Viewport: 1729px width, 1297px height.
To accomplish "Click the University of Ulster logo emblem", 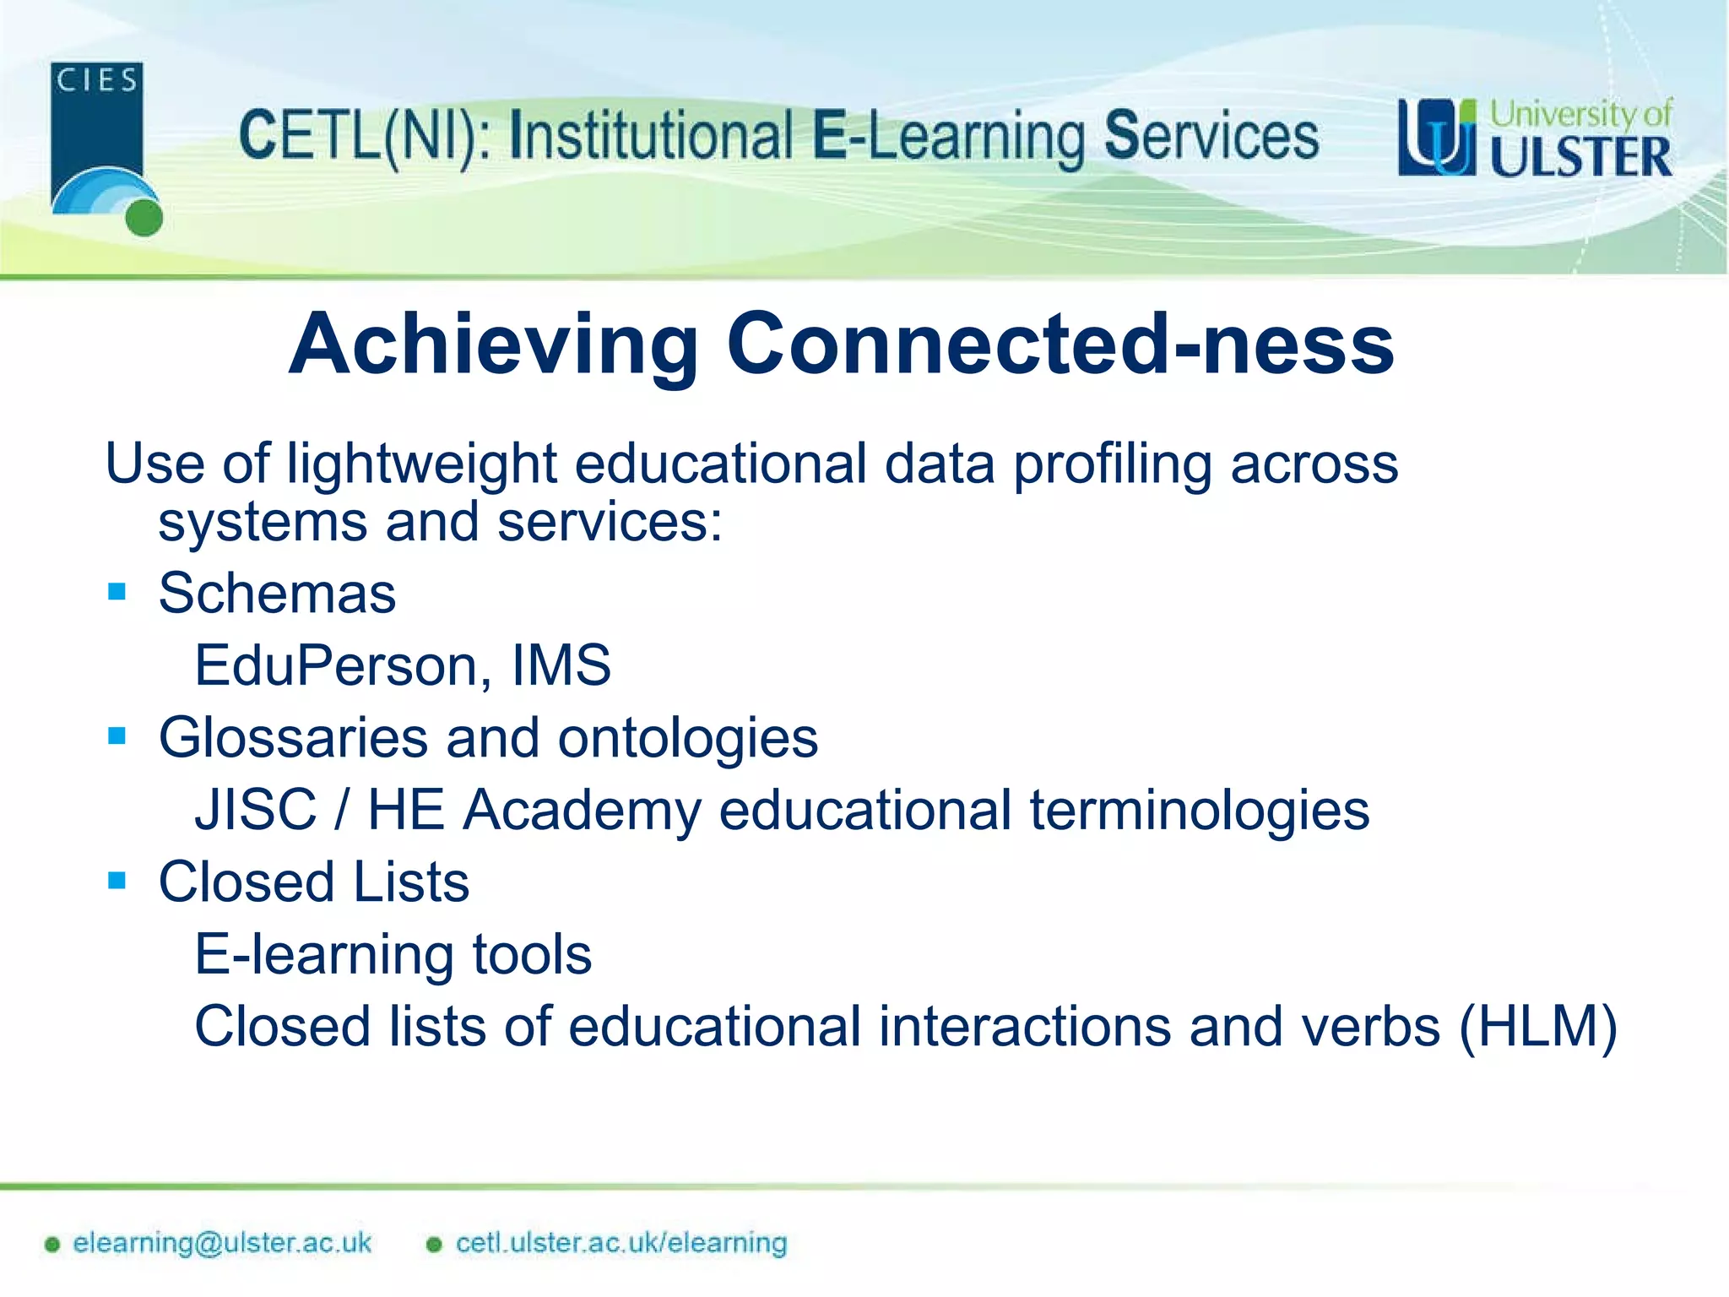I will (x=1436, y=138).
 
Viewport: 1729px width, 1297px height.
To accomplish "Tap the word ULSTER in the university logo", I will (x=1580, y=157).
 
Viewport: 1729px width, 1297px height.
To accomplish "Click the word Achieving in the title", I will (x=493, y=344).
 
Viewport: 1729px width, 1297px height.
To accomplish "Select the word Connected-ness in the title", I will (x=1060, y=344).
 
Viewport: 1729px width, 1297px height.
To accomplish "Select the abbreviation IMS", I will (x=561, y=665).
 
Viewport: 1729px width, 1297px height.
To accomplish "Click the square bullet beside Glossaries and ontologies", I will (x=117, y=736).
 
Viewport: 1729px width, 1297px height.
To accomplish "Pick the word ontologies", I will (x=687, y=738).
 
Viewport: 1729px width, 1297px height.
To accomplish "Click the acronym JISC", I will (x=256, y=810).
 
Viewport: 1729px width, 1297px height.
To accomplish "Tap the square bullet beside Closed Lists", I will (x=117, y=881).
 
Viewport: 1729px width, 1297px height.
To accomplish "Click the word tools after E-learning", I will (x=532, y=955).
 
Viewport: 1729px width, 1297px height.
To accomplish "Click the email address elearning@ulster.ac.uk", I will (x=221, y=1243).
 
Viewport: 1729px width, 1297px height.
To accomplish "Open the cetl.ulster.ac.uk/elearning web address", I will (x=621, y=1243).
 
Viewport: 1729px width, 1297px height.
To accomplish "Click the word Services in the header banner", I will (x=1211, y=137).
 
